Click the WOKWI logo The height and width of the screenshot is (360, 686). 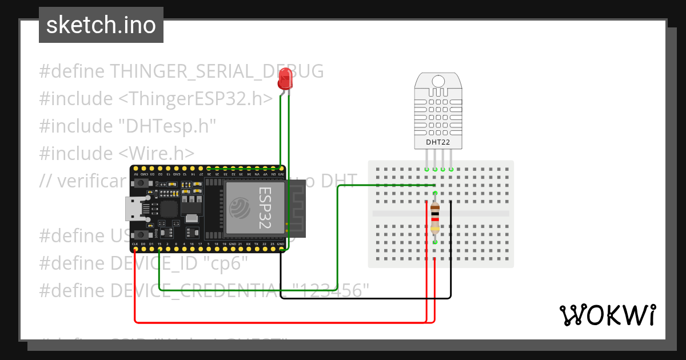tap(607, 315)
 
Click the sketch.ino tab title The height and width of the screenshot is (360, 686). tap(101, 25)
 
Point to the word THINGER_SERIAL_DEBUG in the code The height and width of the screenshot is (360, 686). tap(217, 71)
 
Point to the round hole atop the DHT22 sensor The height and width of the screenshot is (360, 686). tap(438, 81)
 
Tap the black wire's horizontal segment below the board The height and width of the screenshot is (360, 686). tap(366, 298)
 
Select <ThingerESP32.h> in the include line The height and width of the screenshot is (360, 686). tap(196, 99)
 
